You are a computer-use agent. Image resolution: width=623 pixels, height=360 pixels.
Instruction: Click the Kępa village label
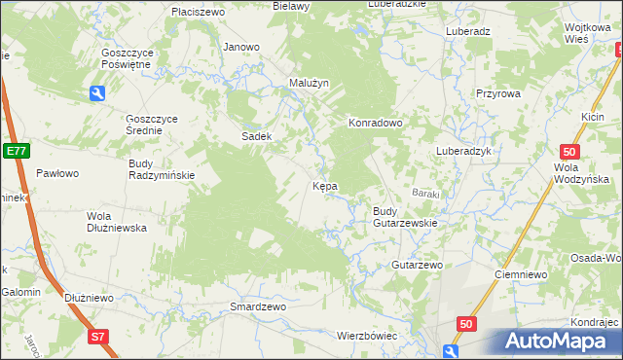click(324, 185)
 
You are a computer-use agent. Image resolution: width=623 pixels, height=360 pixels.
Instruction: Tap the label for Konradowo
click(376, 124)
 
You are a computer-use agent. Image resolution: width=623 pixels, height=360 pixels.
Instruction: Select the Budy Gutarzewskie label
click(405, 217)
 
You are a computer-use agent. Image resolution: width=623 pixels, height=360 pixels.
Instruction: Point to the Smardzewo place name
click(257, 306)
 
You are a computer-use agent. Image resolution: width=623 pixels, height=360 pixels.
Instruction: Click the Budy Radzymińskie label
click(162, 169)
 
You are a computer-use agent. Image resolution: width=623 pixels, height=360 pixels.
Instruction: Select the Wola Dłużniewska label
click(116, 222)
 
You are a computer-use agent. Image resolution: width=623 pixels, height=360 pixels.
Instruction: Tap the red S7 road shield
click(96, 337)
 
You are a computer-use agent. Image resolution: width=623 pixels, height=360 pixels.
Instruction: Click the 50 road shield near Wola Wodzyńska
click(571, 151)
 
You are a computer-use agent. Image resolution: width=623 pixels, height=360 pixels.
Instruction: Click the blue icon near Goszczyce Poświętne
click(97, 92)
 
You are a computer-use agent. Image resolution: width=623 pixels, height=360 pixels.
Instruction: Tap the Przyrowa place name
click(499, 93)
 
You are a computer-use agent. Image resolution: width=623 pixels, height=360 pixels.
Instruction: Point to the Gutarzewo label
click(417, 265)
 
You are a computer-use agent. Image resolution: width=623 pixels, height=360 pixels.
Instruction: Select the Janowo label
click(241, 47)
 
